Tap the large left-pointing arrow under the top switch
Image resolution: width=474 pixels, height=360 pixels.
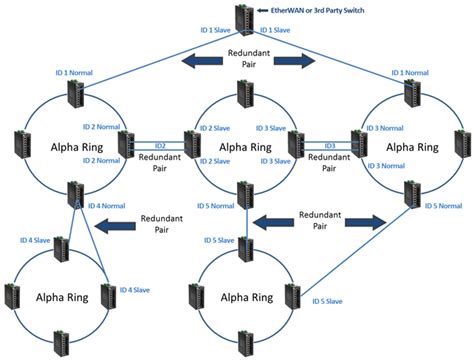(202, 64)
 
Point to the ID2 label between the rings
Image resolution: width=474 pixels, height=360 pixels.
(159, 145)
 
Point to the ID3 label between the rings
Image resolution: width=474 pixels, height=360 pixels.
(329, 145)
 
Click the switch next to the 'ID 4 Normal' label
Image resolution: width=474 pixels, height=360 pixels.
(75, 194)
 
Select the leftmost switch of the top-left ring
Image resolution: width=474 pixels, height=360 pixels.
(20, 143)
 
